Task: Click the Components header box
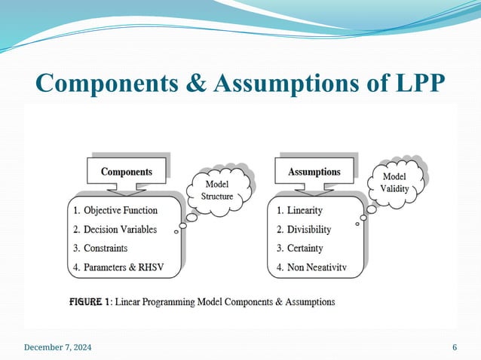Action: click(x=126, y=172)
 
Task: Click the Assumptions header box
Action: click(x=314, y=172)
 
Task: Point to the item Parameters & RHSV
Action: click(x=121, y=267)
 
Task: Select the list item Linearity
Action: click(x=302, y=210)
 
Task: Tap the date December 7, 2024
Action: click(x=59, y=347)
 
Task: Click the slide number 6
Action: click(x=455, y=347)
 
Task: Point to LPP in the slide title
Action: click(x=412, y=83)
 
